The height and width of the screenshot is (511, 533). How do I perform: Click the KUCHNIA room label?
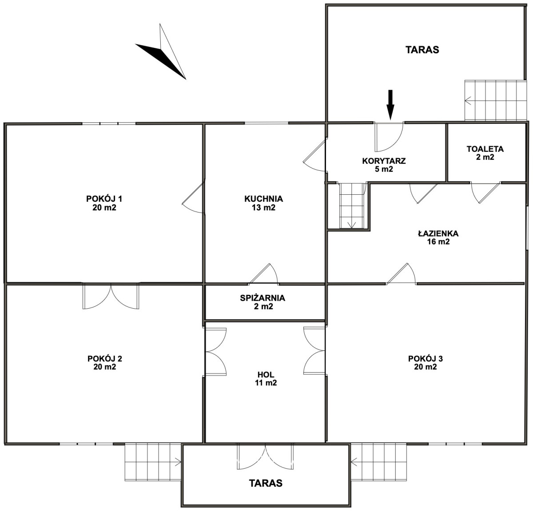pos(263,199)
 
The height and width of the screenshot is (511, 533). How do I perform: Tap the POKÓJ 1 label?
pos(104,199)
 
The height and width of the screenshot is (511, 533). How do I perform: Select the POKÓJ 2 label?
pos(105,358)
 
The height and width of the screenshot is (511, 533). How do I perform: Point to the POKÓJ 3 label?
pos(426,358)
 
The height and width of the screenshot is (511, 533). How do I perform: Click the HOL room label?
pos(266,374)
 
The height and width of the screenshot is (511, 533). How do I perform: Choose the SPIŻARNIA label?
pos(263,298)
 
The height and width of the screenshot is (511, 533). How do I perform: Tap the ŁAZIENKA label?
pos(438,233)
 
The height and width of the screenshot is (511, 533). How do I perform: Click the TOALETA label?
pos(485,149)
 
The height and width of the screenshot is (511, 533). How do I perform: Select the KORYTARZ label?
pos(384,161)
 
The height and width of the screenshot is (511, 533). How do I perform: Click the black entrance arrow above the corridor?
pos(390,105)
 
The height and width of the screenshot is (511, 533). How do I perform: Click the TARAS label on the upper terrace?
pos(422,50)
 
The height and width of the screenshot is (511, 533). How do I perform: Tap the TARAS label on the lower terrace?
pos(266,483)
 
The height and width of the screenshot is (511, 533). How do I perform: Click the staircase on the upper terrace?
pos(496,100)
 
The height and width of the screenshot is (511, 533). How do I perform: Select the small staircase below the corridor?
pos(352,206)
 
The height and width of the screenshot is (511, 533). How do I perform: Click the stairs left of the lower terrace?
pos(153,462)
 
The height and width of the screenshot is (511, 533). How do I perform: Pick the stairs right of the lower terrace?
pos(378,462)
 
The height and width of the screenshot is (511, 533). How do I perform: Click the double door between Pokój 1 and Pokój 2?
pos(111,297)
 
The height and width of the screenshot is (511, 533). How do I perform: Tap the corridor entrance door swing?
pos(389,137)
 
